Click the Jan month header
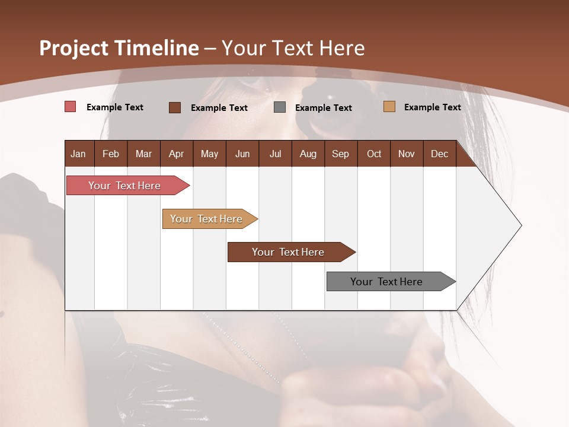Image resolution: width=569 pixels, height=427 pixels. click(78, 154)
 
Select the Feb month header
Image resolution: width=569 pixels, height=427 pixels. click(111, 154)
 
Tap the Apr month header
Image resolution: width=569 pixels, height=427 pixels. click(176, 154)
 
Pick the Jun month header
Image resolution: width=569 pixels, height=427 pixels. click(242, 154)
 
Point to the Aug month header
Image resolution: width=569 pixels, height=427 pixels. click(308, 154)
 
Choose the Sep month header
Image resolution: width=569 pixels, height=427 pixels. click(340, 154)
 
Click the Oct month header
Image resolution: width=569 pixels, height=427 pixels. click(374, 154)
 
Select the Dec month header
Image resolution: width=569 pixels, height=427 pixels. click(439, 154)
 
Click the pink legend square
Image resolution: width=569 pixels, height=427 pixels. click(70, 107)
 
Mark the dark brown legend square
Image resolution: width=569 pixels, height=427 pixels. click(175, 107)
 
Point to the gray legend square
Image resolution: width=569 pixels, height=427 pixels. click(280, 107)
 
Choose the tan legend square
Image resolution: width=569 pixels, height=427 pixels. click(389, 107)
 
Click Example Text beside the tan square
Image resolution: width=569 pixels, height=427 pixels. click(432, 107)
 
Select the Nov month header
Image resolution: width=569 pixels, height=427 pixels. click(407, 154)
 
